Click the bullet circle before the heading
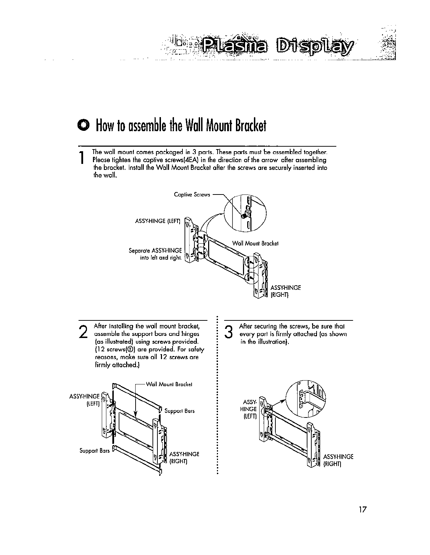point(84,125)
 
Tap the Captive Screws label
point(192,194)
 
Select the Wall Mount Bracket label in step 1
point(255,243)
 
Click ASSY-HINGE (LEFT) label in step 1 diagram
point(158,221)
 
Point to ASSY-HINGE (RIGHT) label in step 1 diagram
point(285,291)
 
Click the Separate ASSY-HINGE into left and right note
point(155,254)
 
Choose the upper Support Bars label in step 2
point(180,411)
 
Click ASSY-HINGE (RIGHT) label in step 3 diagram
point(338,460)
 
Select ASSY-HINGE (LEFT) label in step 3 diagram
point(248,409)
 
